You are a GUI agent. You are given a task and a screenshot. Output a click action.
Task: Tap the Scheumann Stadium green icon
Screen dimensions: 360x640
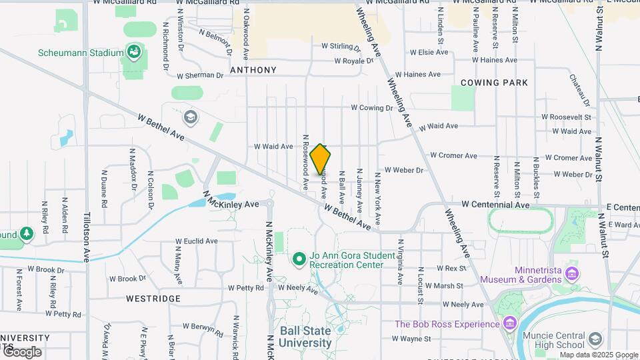(x=134, y=52)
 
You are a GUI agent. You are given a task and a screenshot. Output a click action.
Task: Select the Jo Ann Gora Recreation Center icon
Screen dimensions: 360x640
(x=299, y=258)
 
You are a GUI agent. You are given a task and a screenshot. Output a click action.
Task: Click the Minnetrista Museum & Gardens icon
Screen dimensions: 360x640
(x=571, y=273)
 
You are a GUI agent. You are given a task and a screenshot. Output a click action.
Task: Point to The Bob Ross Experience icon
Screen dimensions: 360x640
(x=510, y=324)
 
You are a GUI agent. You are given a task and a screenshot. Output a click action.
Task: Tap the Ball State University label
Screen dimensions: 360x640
(x=305, y=337)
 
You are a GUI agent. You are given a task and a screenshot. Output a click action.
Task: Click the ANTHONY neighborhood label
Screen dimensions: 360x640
(x=253, y=70)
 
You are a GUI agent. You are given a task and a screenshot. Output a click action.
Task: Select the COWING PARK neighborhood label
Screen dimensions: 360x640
(x=494, y=83)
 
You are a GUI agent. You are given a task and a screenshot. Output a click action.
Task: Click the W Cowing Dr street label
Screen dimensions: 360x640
(x=372, y=107)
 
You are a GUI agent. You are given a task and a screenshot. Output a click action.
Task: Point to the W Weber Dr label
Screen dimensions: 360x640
(x=403, y=170)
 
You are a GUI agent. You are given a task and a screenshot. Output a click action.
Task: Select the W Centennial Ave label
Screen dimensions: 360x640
(x=496, y=205)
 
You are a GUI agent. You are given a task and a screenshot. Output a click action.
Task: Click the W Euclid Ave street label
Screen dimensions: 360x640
(x=197, y=241)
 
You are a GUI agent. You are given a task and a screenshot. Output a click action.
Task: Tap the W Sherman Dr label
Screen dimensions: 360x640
(x=195, y=75)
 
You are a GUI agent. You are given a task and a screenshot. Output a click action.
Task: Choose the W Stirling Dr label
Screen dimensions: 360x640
(x=340, y=47)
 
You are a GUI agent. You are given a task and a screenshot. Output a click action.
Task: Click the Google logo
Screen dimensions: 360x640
(x=21, y=351)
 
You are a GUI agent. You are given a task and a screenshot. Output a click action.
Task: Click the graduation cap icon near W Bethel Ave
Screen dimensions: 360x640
(x=190, y=117)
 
